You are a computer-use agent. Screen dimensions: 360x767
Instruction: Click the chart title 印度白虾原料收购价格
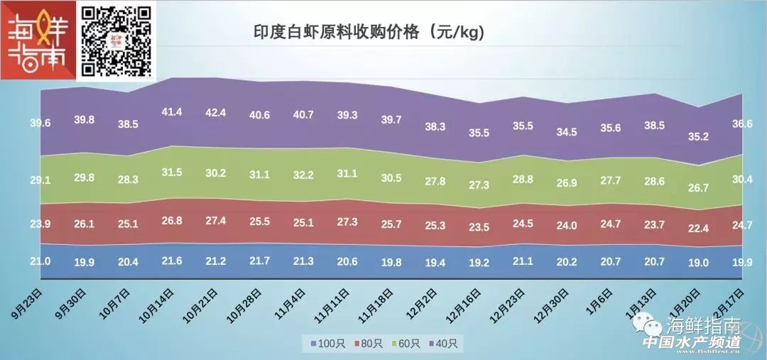point(369,33)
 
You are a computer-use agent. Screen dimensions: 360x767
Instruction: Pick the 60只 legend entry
point(408,344)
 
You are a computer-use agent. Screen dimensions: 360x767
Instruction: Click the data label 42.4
point(216,112)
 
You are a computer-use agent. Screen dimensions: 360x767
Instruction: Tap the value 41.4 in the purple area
point(172,111)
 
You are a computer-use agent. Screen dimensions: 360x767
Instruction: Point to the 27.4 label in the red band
point(216,220)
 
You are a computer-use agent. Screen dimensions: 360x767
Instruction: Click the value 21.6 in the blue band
point(172,261)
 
